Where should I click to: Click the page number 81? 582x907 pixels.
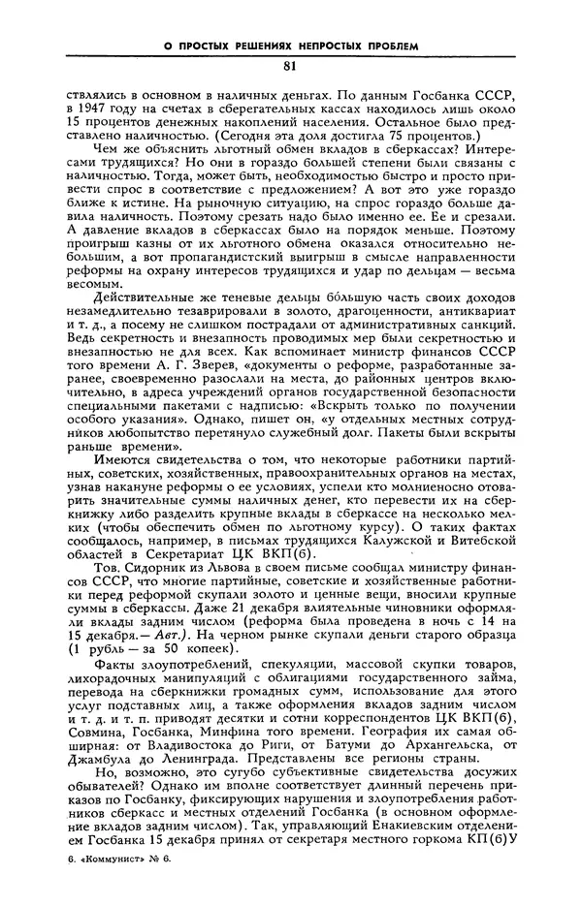290,66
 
